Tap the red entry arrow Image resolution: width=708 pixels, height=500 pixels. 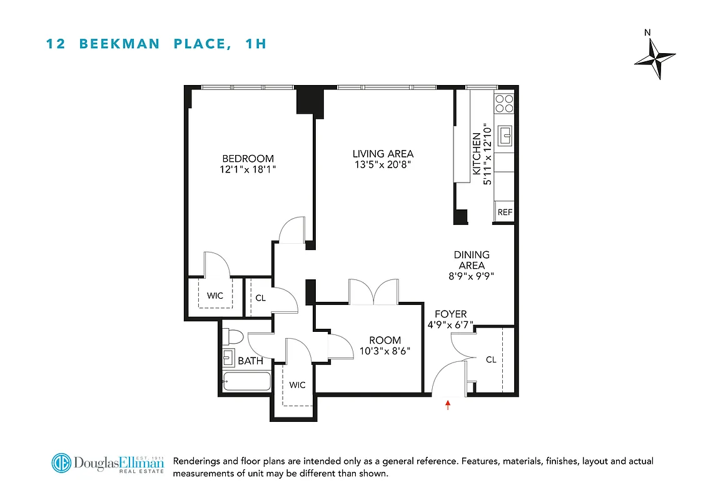[x=448, y=405]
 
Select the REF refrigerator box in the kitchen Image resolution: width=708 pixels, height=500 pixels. [x=504, y=212]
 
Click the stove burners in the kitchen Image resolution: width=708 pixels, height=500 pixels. [x=504, y=102]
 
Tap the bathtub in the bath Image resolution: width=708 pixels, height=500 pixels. [x=246, y=381]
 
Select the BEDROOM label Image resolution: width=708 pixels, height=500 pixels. [x=248, y=159]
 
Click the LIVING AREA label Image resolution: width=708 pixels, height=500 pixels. [x=383, y=154]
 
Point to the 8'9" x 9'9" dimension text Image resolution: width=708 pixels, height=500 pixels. [x=472, y=276]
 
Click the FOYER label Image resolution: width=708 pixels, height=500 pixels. [x=451, y=314]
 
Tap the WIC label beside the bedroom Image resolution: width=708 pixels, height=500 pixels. [x=215, y=296]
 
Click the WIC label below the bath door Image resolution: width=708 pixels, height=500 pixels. [x=298, y=385]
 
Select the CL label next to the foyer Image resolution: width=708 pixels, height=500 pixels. [x=491, y=360]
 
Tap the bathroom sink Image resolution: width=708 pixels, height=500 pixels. [x=229, y=359]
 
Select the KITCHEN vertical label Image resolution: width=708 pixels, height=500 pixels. [x=477, y=153]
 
